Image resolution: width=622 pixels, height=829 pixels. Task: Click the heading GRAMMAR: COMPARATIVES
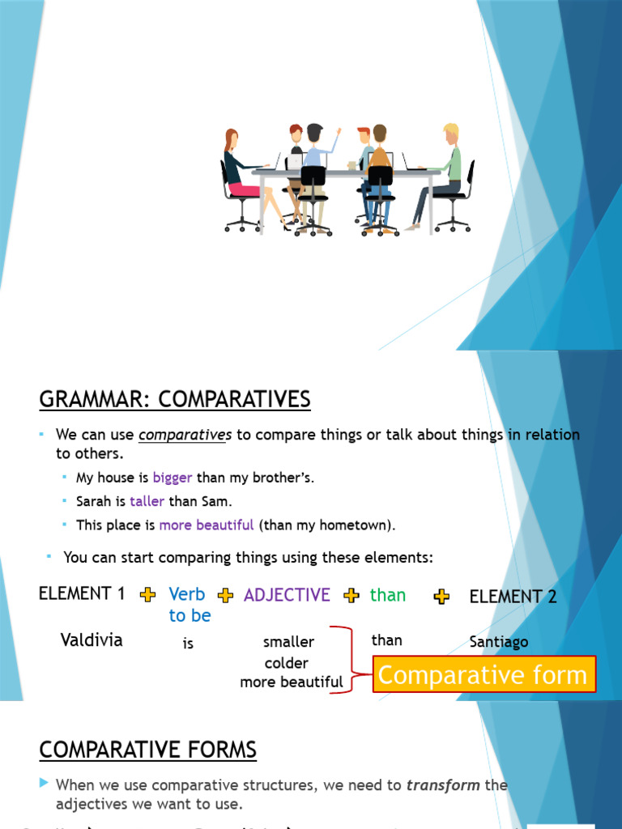pyautogui.click(x=175, y=400)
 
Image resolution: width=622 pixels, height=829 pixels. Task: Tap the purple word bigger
pyautogui.click(x=173, y=478)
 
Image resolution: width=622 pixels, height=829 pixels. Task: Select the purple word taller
pyautogui.click(x=147, y=501)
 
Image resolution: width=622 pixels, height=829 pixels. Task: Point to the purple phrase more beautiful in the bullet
pyautogui.click(x=207, y=525)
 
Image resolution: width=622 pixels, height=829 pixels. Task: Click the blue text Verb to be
pyautogui.click(x=188, y=605)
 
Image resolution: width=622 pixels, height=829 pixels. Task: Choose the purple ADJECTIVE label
pyautogui.click(x=287, y=595)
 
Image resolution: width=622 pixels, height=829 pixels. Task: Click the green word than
pyautogui.click(x=388, y=595)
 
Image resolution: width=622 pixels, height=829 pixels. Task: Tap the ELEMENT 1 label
pyautogui.click(x=82, y=593)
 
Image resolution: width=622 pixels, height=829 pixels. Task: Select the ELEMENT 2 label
pyautogui.click(x=513, y=597)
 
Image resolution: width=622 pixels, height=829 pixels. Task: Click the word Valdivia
pyautogui.click(x=92, y=640)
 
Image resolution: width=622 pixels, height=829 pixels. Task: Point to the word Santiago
pyautogui.click(x=499, y=642)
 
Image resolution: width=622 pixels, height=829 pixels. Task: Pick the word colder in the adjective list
pyautogui.click(x=287, y=663)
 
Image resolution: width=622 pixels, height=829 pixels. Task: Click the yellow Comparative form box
pyautogui.click(x=484, y=674)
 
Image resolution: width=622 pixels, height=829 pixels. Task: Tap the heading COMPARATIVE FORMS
pyautogui.click(x=148, y=750)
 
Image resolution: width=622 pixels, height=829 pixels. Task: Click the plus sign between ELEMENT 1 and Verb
pyautogui.click(x=147, y=595)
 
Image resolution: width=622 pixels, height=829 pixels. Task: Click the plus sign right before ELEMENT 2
pyautogui.click(x=441, y=597)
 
